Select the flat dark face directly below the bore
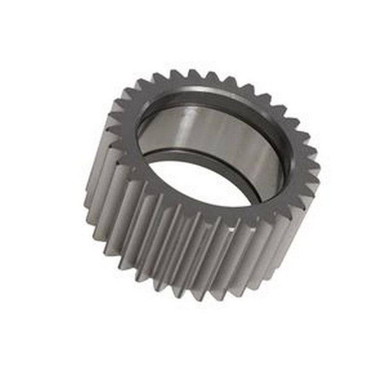click(212, 212)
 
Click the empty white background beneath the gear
click(193, 347)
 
